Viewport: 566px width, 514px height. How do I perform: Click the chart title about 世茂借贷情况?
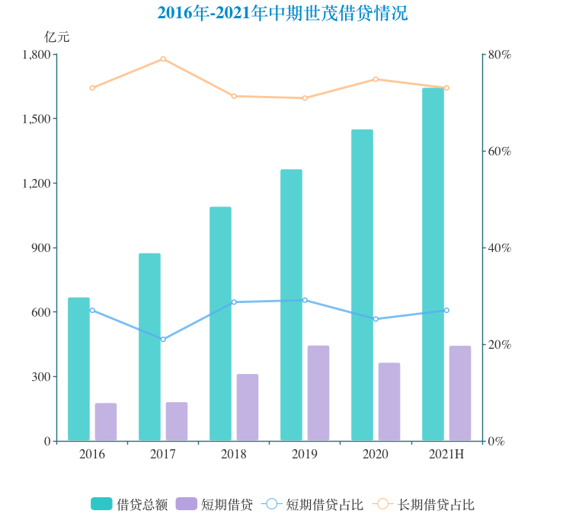click(x=283, y=13)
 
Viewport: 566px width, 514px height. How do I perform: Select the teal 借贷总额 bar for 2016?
click(x=78, y=369)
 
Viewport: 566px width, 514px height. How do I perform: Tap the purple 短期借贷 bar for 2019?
click(x=318, y=393)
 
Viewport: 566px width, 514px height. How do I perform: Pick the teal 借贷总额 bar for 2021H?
click(x=433, y=264)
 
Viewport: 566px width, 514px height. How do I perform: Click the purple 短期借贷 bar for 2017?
click(x=177, y=421)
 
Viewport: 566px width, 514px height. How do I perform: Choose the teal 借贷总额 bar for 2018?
click(x=220, y=324)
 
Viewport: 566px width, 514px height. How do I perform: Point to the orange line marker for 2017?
click(x=163, y=59)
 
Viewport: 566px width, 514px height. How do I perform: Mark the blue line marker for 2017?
click(x=163, y=339)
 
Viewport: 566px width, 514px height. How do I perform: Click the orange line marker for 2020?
click(x=376, y=79)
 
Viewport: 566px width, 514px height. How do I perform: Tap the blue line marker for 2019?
click(x=305, y=300)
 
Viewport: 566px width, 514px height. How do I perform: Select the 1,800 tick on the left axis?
click(x=36, y=55)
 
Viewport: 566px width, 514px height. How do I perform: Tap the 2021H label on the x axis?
click(x=446, y=455)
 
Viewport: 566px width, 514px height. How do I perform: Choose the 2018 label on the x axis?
click(x=234, y=455)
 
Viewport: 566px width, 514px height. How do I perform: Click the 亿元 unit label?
click(x=56, y=37)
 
